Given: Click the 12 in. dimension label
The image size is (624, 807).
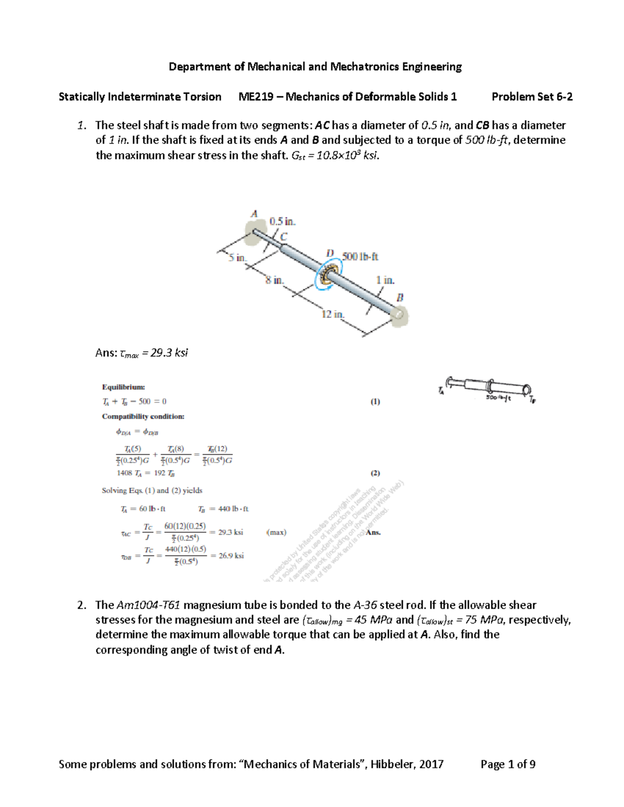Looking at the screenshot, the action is (x=333, y=314).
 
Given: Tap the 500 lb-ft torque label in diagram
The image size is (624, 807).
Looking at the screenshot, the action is (x=360, y=257).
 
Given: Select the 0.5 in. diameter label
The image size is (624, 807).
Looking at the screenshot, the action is (x=282, y=221).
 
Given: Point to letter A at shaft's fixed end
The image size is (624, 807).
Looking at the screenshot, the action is (x=254, y=214).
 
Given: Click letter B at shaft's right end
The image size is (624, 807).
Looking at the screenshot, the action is (x=400, y=298).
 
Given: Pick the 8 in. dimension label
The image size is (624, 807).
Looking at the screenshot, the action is (x=274, y=280).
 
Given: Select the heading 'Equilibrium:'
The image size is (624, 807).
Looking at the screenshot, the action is (x=123, y=387).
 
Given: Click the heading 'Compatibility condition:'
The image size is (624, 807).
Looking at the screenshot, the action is (x=143, y=417).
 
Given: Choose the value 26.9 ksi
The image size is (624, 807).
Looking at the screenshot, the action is (x=231, y=555).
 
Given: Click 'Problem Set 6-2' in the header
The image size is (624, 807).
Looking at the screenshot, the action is (x=532, y=97).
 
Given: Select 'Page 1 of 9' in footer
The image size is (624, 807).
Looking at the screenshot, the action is (x=508, y=764).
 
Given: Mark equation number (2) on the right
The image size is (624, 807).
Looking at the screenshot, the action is (x=375, y=473).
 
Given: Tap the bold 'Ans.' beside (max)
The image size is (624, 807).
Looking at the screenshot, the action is (x=373, y=532).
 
